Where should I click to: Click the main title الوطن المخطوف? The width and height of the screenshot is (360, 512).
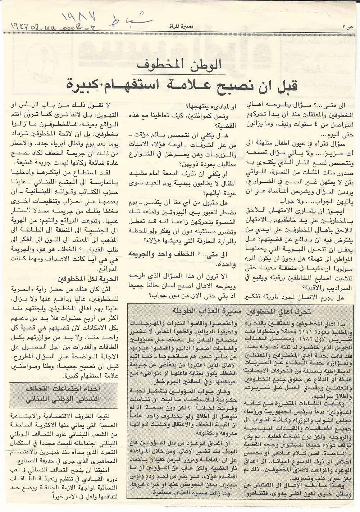click(179, 66)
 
